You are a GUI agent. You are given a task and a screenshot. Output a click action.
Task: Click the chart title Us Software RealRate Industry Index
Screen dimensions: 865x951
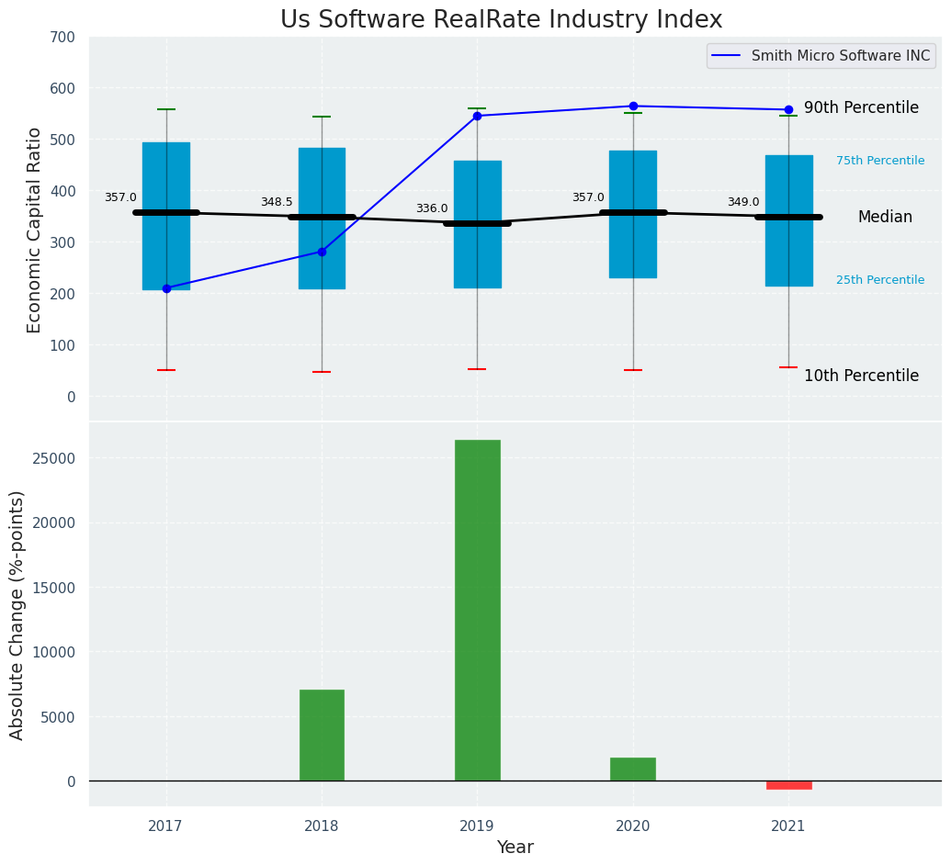click(501, 20)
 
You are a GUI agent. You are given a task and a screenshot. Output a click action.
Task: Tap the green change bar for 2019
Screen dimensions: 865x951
click(477, 610)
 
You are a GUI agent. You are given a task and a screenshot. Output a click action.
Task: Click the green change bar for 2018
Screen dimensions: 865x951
click(322, 735)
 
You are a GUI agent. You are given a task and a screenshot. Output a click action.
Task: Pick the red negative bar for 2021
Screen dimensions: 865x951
click(788, 785)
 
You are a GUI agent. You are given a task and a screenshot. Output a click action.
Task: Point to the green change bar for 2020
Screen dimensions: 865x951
click(632, 769)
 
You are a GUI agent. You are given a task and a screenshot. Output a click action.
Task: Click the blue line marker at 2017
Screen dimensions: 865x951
click(166, 288)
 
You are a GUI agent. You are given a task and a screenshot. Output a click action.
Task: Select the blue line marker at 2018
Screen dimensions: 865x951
click(322, 252)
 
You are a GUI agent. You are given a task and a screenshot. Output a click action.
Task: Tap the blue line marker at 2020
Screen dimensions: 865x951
click(633, 107)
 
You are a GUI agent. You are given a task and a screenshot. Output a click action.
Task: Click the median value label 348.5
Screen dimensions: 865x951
click(277, 203)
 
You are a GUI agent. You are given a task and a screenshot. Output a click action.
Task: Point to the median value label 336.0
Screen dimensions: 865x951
click(432, 209)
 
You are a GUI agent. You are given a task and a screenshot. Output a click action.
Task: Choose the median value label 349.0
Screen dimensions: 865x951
click(743, 203)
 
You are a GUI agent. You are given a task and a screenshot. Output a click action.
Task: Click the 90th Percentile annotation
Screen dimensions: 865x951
click(861, 108)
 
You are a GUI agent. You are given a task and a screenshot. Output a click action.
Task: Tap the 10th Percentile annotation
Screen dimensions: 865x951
click(861, 376)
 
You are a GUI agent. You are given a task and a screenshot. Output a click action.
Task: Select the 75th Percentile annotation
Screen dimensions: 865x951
click(880, 162)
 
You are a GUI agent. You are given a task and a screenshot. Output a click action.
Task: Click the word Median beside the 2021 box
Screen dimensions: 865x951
click(885, 218)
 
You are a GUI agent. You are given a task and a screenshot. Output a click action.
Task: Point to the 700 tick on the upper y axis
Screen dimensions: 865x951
click(63, 38)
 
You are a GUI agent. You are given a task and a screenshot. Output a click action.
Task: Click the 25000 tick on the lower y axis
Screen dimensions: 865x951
click(57, 459)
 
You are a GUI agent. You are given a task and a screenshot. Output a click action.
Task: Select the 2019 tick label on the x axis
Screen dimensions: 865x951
click(477, 826)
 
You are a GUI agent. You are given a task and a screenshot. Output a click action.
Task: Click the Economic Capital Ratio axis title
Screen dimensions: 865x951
click(35, 230)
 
